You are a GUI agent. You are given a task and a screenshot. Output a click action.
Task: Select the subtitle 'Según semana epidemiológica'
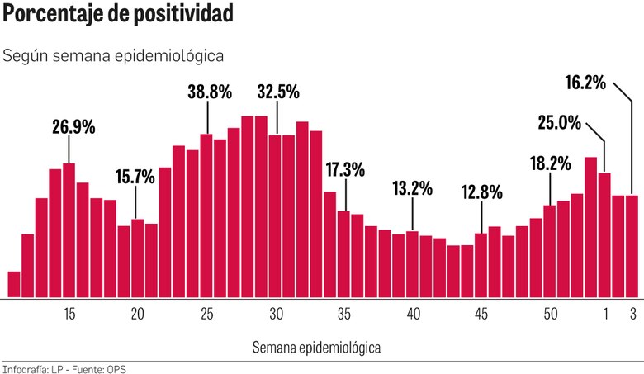click(x=114, y=56)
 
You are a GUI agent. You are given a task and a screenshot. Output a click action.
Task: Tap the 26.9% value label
click(x=73, y=127)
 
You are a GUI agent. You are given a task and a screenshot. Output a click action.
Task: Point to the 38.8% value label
click(x=209, y=92)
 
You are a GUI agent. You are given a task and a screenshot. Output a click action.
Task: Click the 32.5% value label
click(x=278, y=92)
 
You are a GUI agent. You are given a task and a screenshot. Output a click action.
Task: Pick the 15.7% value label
click(x=135, y=176)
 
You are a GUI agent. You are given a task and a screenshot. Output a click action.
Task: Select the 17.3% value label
click(x=345, y=170)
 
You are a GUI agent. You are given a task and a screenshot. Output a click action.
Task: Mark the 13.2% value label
click(x=412, y=188)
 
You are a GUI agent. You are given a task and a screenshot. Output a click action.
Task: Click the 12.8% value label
click(x=482, y=192)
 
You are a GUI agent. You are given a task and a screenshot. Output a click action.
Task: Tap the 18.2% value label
click(x=550, y=163)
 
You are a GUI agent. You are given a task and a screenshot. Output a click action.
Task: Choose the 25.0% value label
click(x=559, y=123)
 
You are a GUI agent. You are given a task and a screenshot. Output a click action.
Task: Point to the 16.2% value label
click(x=586, y=83)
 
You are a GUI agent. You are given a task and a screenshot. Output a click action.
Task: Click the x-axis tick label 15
click(x=69, y=314)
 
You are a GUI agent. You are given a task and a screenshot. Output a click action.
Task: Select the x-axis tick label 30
click(x=276, y=314)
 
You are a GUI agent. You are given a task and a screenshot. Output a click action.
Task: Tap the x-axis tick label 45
click(x=482, y=314)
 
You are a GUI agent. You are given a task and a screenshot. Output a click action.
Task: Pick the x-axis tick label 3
click(x=632, y=314)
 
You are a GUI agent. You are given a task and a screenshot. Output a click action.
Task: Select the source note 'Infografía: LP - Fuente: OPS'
click(x=64, y=368)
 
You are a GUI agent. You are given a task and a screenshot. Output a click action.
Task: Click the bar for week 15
click(x=69, y=230)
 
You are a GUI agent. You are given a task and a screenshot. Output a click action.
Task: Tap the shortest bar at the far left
click(x=13, y=284)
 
